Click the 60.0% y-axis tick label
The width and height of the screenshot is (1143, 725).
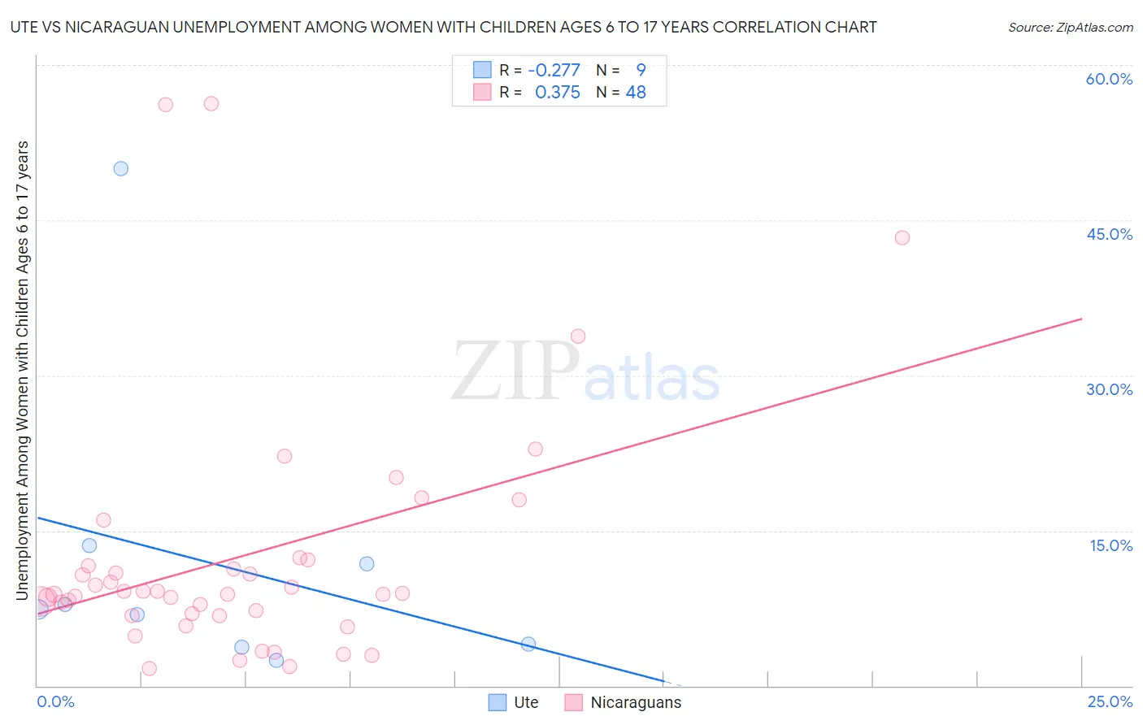[1109, 79]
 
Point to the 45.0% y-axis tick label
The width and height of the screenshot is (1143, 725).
[1109, 234]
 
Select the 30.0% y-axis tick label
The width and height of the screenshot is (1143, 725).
[1109, 389]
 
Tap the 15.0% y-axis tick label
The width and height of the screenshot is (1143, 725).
[1110, 545]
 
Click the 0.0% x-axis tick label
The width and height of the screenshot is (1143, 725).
[55, 701]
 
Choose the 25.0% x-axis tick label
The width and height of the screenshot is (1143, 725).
[1110, 701]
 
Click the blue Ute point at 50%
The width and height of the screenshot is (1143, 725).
[121, 169]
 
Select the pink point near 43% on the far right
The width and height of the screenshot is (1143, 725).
[902, 238]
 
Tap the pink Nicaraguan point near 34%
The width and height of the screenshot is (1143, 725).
[578, 336]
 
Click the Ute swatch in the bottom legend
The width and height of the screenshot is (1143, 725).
[498, 702]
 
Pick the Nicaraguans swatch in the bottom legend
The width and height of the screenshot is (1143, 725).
[574, 702]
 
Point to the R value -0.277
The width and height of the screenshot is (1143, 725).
[554, 70]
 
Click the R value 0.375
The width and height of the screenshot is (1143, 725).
[557, 93]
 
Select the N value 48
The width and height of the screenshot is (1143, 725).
[636, 93]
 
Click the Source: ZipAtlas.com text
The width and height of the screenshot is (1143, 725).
[1070, 28]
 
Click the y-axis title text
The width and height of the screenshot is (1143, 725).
[23, 371]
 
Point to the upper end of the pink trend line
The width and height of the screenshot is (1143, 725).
[1081, 319]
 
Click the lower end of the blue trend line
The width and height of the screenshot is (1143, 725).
[663, 680]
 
